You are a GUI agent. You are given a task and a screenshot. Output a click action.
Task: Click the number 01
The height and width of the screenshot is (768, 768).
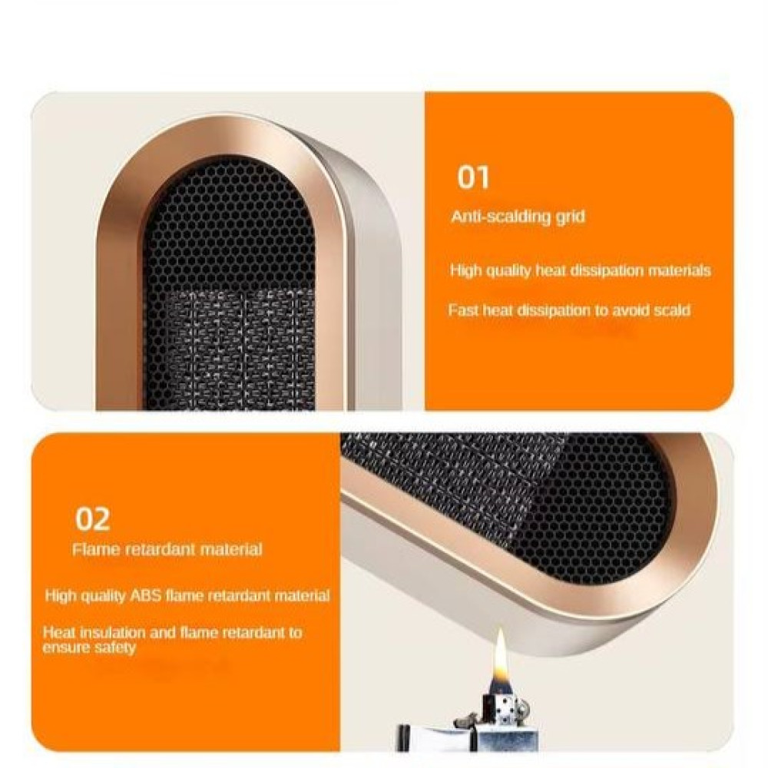click(x=473, y=177)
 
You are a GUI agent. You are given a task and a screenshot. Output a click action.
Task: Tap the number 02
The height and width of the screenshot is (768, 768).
click(x=92, y=519)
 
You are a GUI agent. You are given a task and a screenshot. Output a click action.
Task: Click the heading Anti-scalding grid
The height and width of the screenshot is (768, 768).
click(x=518, y=217)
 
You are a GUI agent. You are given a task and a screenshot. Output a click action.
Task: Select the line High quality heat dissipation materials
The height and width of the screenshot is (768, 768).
click(x=581, y=270)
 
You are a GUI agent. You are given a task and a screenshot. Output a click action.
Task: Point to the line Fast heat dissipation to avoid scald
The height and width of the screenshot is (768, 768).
click(x=569, y=310)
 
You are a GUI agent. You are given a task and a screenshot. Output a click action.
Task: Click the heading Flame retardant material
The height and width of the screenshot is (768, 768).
click(x=167, y=549)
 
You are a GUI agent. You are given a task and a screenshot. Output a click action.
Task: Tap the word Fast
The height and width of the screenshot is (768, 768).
click(x=463, y=310)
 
